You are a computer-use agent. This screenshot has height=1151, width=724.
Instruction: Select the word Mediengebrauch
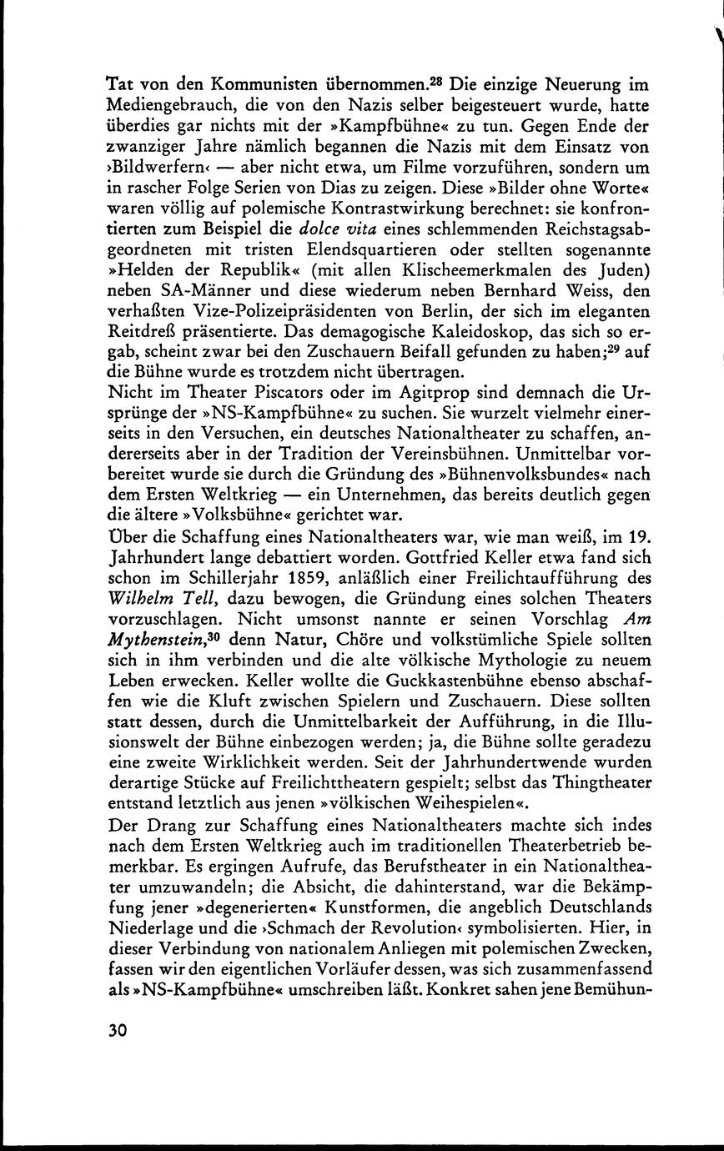(x=173, y=107)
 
